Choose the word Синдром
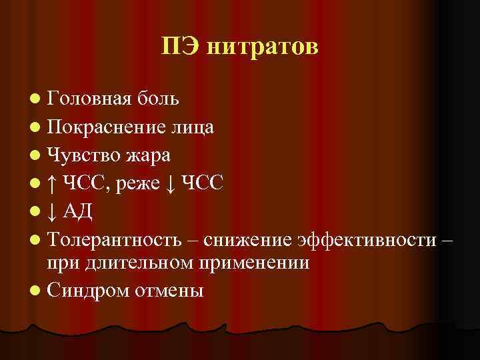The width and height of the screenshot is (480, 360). pos(84,291)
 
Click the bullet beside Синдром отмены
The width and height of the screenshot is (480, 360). pos(35,291)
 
